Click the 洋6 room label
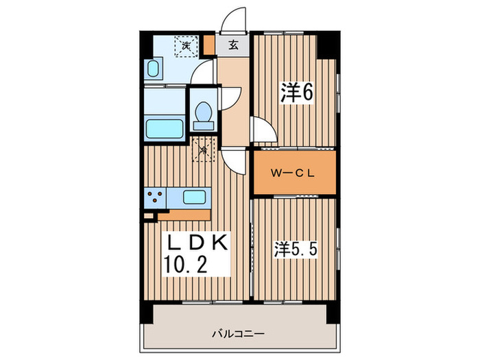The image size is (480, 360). [296, 93]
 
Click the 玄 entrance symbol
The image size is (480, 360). [233, 46]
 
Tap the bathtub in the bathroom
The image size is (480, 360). [165, 128]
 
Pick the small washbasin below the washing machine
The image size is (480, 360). [154, 70]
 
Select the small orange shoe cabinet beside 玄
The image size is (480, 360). [209, 47]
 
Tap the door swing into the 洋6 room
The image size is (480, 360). [262, 130]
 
